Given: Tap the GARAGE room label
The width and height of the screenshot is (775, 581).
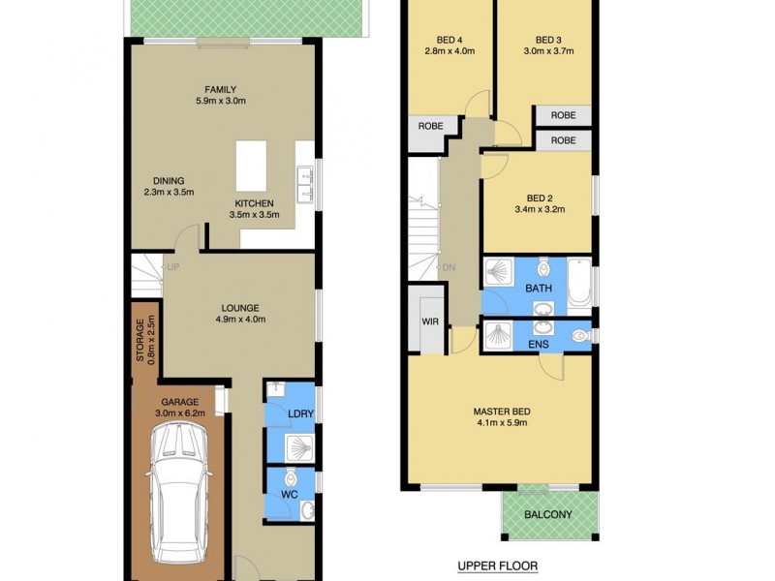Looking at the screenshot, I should [180, 402].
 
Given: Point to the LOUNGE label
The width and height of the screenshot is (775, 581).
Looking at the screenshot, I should [238, 309].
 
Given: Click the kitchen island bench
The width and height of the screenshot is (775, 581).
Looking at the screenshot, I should [252, 168].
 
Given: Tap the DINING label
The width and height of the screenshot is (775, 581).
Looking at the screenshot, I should [168, 181].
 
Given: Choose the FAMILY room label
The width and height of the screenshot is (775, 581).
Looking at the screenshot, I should [220, 90].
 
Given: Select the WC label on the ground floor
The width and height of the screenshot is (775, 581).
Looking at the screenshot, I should [289, 495].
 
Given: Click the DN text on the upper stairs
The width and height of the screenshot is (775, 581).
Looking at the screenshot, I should [449, 268].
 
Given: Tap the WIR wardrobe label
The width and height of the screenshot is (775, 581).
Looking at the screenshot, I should [428, 321].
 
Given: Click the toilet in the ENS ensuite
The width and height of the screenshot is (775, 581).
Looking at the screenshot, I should [578, 336].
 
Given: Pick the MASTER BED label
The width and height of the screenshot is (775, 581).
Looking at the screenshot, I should [500, 412].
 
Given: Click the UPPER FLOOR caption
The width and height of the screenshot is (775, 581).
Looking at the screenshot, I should [497, 566].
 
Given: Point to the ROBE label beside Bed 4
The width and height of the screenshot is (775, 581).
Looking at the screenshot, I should [430, 126].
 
